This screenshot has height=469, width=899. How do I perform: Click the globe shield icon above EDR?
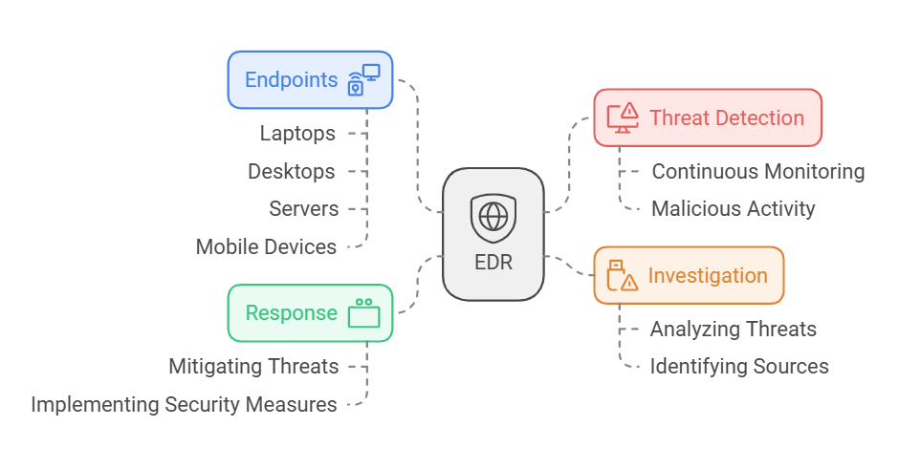(x=493, y=218)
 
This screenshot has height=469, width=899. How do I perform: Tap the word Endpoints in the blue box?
(x=292, y=79)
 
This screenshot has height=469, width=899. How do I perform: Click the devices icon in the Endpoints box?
(x=363, y=79)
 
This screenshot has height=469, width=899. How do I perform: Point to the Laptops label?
(x=297, y=134)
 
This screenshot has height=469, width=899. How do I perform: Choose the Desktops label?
(x=292, y=172)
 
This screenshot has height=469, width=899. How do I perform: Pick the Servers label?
(x=303, y=209)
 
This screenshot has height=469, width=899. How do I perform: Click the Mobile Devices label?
(x=266, y=247)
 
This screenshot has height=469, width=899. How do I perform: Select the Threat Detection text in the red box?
(x=727, y=118)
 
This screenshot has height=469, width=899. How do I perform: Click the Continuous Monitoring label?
(x=758, y=172)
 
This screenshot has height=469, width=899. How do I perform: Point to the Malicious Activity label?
(x=734, y=209)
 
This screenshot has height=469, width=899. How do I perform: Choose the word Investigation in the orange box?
(x=708, y=276)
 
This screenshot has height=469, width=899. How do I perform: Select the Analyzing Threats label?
(x=734, y=330)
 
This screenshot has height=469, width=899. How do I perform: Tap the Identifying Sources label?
(x=739, y=367)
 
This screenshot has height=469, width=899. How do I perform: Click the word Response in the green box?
(x=291, y=313)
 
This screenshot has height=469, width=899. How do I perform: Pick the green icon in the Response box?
(x=363, y=313)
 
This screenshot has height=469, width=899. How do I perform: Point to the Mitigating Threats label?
(x=253, y=367)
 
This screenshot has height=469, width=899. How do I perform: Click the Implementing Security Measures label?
(x=184, y=405)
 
